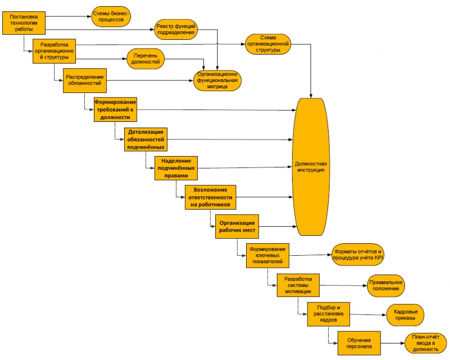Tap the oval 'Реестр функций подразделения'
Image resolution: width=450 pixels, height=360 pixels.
(x=176, y=29)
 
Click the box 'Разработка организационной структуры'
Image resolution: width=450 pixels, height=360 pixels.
(x=55, y=50)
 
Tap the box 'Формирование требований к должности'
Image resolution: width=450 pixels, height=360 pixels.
(x=116, y=109)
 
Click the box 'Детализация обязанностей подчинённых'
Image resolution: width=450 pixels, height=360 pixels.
(x=147, y=139)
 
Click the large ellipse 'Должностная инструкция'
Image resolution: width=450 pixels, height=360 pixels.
(x=310, y=167)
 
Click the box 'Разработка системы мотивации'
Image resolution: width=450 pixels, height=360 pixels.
(x=298, y=285)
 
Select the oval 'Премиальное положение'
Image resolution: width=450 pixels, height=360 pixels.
(x=386, y=285)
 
